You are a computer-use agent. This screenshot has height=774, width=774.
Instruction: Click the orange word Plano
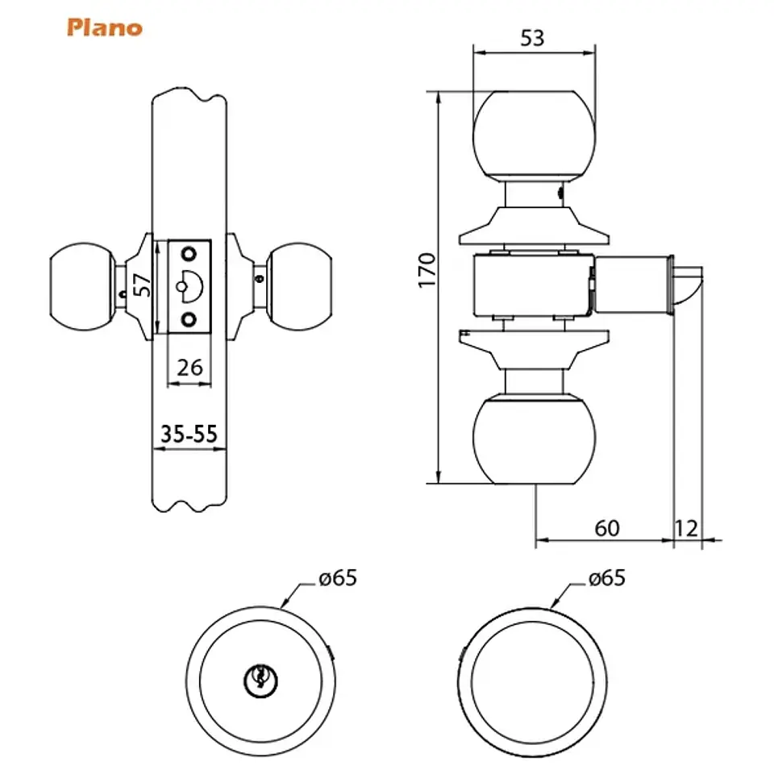(105, 27)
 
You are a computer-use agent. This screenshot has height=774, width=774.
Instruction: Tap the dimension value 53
(532, 38)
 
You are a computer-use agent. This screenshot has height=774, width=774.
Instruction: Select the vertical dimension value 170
(427, 270)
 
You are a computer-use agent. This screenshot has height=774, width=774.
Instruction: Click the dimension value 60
(606, 528)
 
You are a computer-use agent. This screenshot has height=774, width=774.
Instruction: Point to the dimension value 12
(686, 528)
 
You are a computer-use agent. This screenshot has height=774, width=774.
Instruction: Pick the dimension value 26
(189, 368)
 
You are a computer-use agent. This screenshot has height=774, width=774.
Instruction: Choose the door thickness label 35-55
(189, 434)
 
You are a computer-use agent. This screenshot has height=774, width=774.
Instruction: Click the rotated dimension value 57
(142, 285)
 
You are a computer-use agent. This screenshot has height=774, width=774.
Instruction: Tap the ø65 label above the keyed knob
(338, 578)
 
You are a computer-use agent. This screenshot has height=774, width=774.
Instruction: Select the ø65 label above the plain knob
(606, 578)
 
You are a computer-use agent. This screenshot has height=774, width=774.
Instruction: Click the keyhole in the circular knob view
(260, 680)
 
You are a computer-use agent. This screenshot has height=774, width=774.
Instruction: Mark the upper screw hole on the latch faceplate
(189, 254)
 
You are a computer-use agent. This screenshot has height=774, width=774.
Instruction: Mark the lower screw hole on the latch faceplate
(189, 320)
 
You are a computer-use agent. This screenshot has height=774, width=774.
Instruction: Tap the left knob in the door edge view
(82, 287)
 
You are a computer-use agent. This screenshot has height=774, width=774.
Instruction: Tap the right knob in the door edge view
(298, 287)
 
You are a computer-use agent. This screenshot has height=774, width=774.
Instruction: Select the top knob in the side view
(534, 135)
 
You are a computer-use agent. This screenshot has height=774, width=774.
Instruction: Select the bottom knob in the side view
(534, 440)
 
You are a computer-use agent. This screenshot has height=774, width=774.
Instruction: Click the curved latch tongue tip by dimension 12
(689, 287)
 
